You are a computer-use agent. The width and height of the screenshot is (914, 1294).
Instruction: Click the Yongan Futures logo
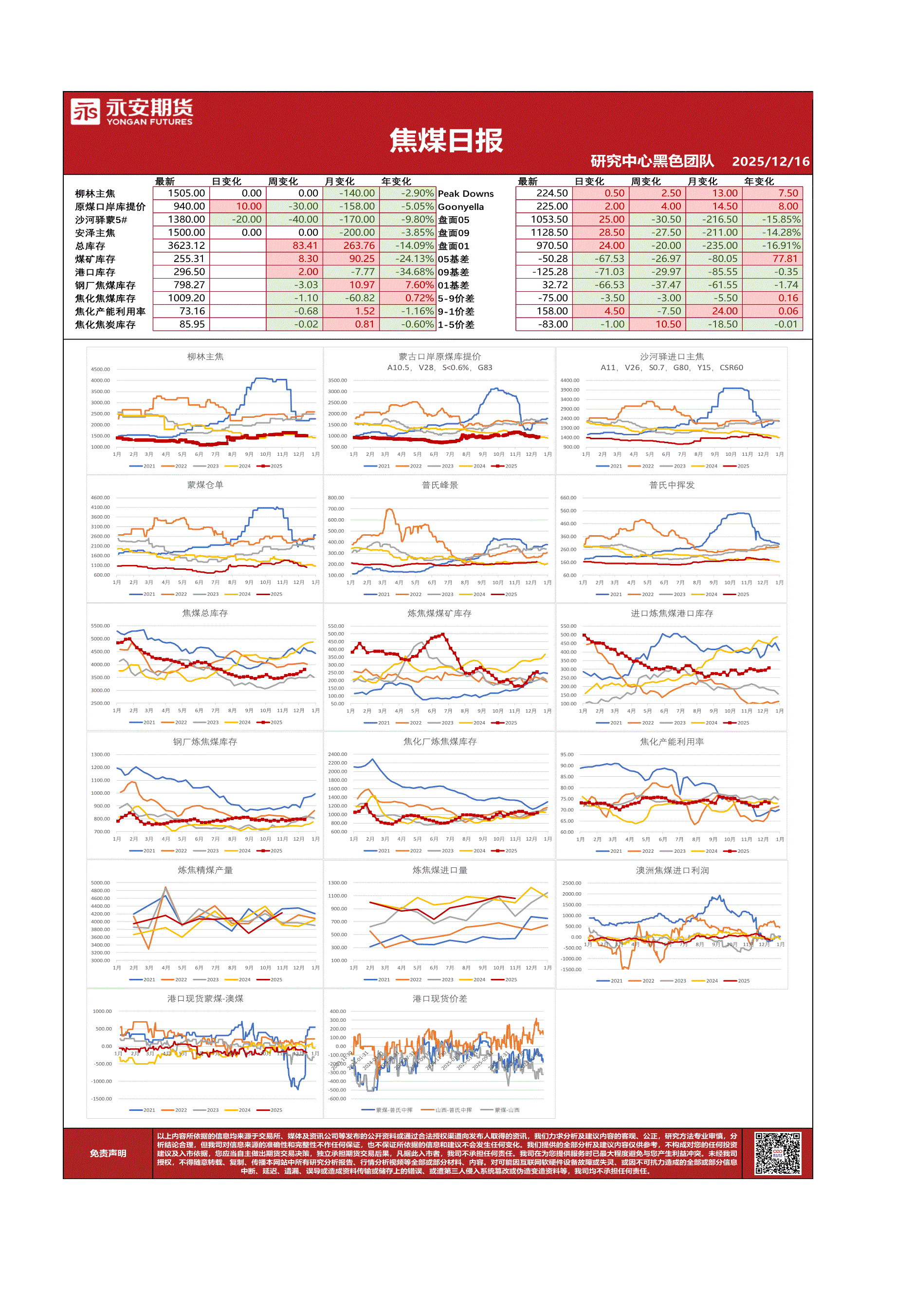pos(132,112)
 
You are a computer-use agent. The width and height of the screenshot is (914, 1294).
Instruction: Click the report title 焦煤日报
pos(446,140)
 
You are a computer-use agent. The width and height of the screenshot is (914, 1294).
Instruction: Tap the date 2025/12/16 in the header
pos(770,162)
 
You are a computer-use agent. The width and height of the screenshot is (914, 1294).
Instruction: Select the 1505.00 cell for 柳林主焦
pos(186,193)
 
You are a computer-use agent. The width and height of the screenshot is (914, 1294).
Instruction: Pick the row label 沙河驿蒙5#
pos(101,220)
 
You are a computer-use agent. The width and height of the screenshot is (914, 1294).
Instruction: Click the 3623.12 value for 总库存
pos(186,246)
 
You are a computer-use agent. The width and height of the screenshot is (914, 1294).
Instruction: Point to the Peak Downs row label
pos(466,194)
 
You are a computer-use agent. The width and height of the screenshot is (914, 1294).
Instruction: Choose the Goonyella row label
pos(461,207)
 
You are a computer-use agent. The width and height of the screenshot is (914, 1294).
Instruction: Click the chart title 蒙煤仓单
pos(205,485)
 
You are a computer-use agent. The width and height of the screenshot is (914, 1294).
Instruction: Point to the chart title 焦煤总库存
pos(205,613)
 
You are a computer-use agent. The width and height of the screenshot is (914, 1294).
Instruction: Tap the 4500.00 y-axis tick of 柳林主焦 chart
pos(100,370)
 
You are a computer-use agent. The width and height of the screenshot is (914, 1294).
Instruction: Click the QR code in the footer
pos(777,1154)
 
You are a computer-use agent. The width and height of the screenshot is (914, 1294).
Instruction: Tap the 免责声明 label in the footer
pos(108,1154)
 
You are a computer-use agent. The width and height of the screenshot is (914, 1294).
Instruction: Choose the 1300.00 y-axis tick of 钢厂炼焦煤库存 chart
pos(100,755)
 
